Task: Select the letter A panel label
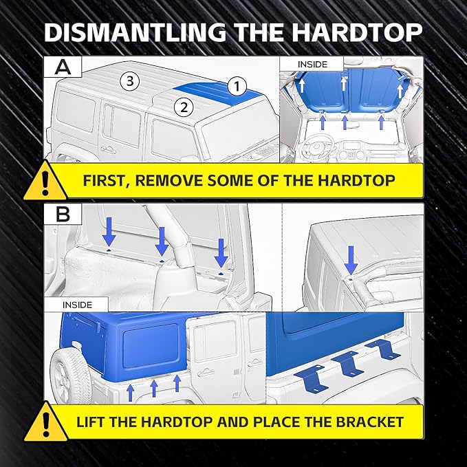point(63,66)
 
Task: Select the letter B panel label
point(63,213)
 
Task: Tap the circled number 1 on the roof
point(236,86)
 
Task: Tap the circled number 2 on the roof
point(182,107)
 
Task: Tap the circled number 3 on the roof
point(131,81)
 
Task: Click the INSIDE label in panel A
point(312,64)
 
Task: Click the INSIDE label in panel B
point(76,304)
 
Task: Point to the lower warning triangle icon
point(45,422)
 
